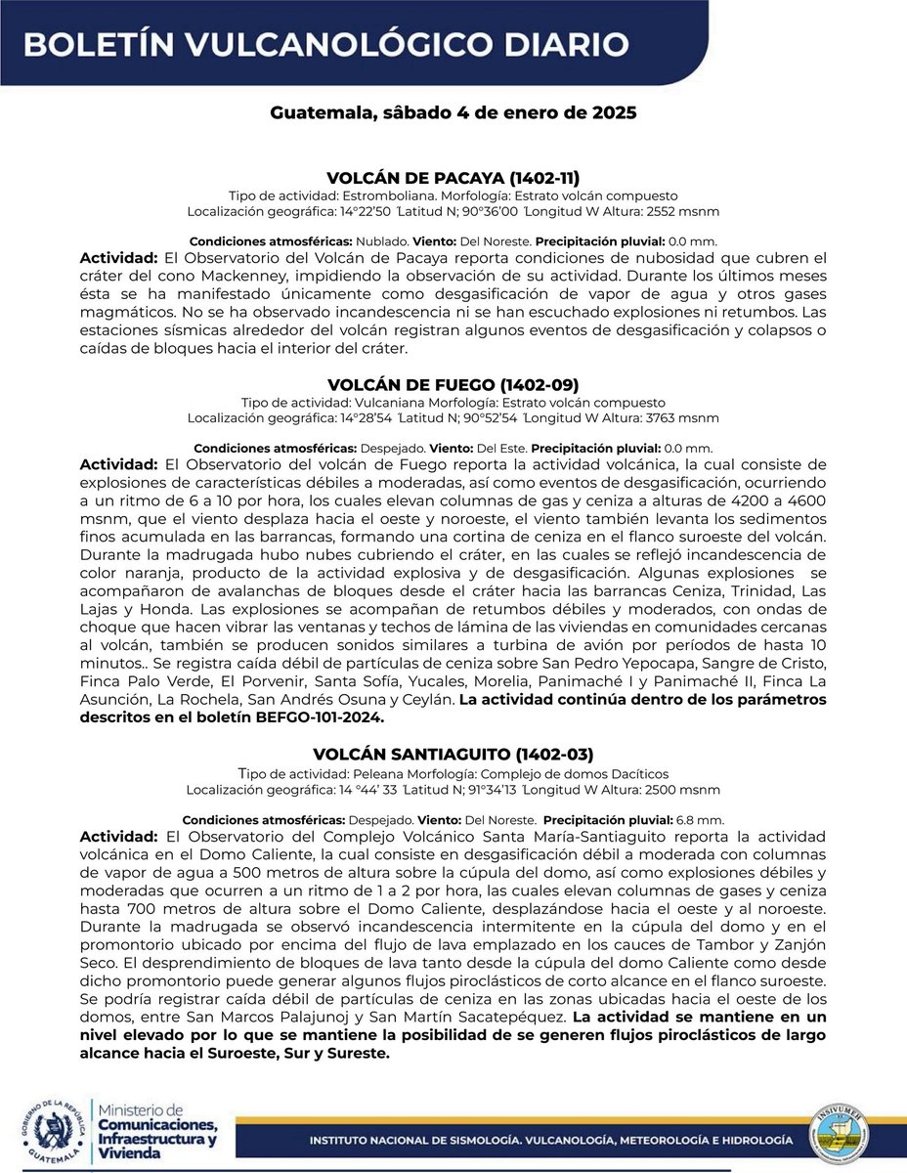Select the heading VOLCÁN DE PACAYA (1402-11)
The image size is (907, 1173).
pyautogui.click(x=453, y=178)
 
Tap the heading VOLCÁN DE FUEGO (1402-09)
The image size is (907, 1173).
pyautogui.click(x=453, y=383)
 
